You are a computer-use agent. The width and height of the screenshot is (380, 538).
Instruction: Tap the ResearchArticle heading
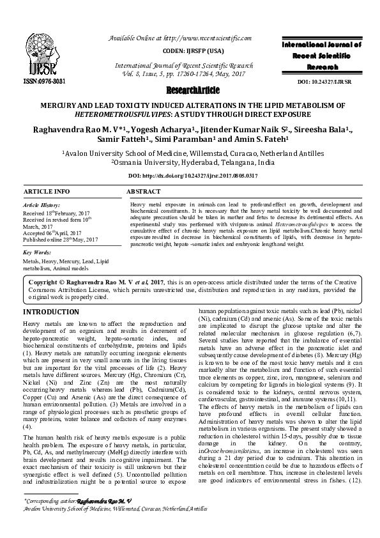190,91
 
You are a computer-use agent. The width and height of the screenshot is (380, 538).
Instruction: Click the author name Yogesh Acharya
148,132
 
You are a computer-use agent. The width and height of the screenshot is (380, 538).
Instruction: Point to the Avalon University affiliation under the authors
190,154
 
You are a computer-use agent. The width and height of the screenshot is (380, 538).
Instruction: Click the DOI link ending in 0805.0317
190,175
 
